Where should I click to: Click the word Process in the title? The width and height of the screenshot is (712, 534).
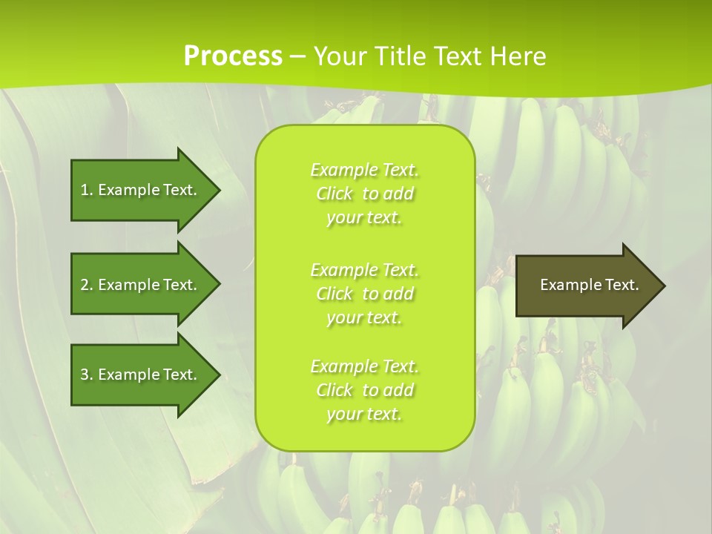click(233, 56)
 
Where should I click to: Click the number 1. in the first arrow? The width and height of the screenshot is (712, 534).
click(87, 190)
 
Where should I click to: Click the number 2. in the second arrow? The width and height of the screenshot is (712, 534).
click(87, 285)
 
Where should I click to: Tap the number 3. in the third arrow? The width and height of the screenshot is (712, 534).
click(87, 375)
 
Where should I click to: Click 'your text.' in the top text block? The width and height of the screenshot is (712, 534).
click(364, 218)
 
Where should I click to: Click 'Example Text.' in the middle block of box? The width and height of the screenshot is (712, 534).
click(364, 270)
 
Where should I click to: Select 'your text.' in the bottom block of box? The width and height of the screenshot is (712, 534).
click(364, 415)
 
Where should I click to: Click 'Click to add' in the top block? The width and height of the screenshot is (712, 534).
click(365, 194)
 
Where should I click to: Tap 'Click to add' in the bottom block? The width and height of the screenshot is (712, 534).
click(365, 391)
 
